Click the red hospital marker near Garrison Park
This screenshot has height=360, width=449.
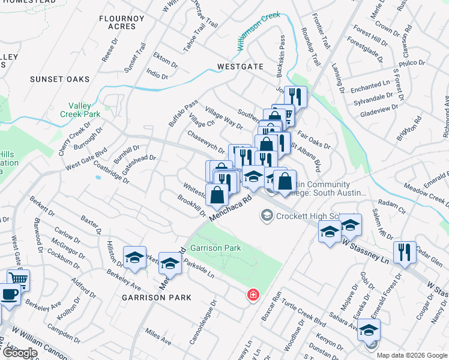pos(253,294)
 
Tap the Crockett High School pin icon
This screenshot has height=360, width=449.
pos(266,215)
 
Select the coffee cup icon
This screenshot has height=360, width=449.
pos(9,295)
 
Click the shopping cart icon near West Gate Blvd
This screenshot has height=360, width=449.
pos(19,278)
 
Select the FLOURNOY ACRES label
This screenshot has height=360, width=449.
pos(122,23)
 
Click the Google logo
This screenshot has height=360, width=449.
pos(19,353)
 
